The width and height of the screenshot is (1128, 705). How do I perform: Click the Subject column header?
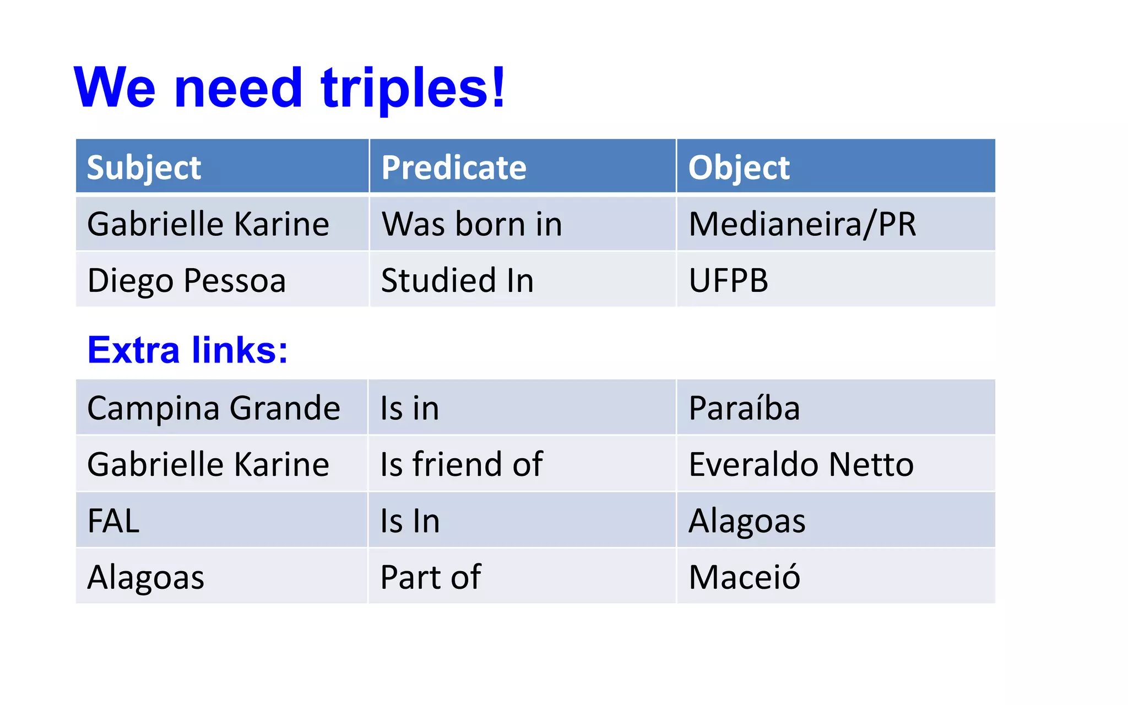click(x=144, y=167)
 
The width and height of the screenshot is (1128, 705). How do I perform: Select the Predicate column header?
click(x=454, y=167)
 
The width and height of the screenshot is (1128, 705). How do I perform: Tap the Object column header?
click(x=739, y=167)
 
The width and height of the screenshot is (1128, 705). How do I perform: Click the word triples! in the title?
click(x=413, y=88)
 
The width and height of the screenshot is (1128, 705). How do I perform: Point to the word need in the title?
click(x=238, y=88)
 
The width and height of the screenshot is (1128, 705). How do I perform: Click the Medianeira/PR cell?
click(x=802, y=224)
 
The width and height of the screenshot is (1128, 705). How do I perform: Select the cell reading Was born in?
click(x=472, y=224)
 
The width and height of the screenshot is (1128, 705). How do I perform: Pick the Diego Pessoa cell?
click(x=187, y=280)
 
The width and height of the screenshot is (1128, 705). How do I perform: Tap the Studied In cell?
click(x=458, y=280)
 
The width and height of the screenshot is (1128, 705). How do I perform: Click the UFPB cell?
click(x=728, y=280)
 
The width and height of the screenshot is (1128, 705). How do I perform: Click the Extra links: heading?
click(x=188, y=350)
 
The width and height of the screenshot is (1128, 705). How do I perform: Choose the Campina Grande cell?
click(x=214, y=408)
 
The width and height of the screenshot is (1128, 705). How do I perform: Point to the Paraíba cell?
click(x=744, y=408)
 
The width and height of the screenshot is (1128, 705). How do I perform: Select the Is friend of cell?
click(x=462, y=464)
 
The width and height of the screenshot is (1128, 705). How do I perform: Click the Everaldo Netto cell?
click(x=801, y=464)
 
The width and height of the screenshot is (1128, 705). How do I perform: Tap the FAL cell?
click(x=113, y=520)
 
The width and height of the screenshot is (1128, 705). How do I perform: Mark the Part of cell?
click(x=431, y=577)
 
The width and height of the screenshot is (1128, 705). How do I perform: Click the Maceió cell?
click(x=744, y=577)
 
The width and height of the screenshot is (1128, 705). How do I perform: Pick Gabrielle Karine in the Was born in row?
click(x=208, y=224)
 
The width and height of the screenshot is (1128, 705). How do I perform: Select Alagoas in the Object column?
click(x=747, y=520)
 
